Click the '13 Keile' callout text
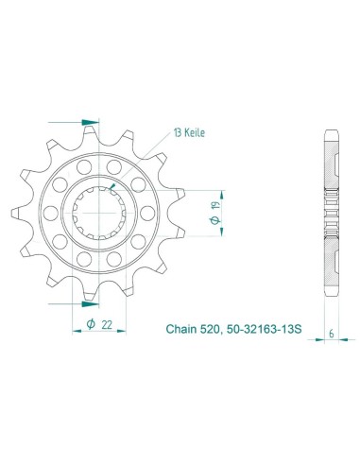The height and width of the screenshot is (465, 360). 189,133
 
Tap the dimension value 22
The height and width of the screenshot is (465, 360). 107,325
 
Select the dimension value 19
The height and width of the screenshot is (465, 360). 215,206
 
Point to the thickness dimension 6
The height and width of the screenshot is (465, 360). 332,334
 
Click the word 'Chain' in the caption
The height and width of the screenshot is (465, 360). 181,329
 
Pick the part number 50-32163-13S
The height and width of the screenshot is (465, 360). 264,329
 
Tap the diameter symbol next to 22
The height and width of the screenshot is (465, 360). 91,324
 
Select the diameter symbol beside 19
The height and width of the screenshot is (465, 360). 215,220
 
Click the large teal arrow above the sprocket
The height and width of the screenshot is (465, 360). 90,122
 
